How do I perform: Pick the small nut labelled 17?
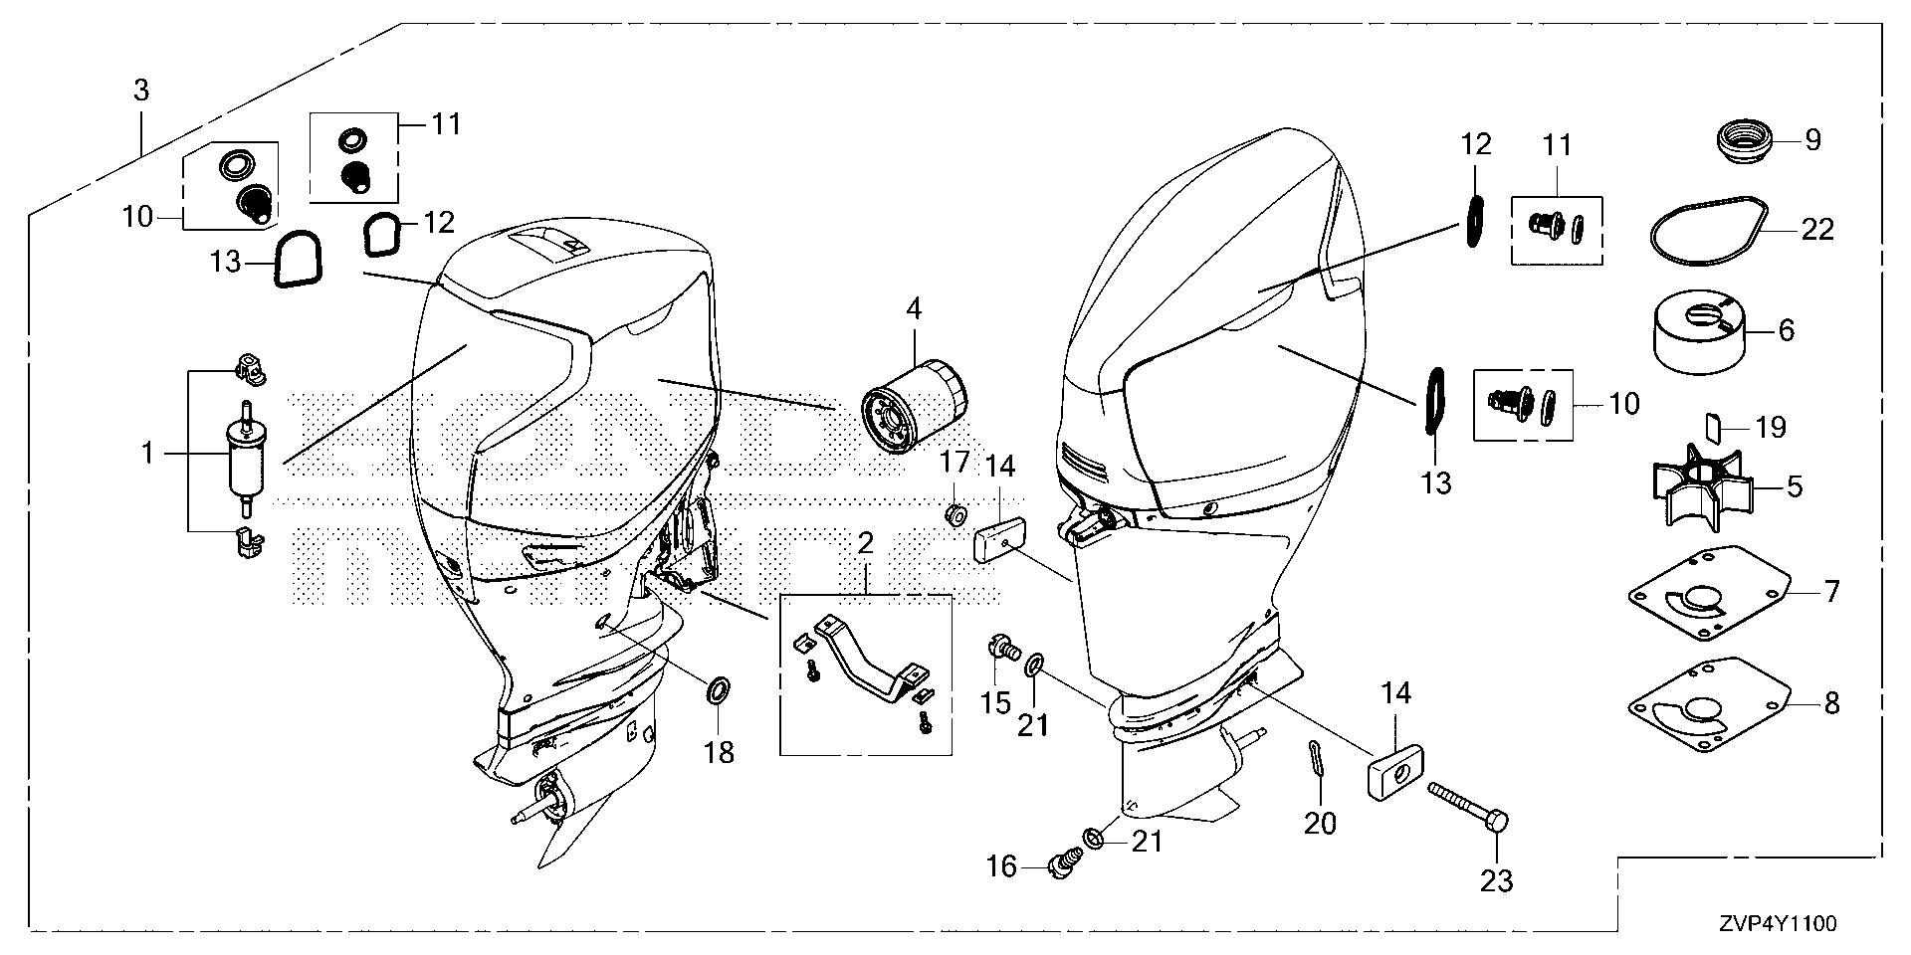point(955,515)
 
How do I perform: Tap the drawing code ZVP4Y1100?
point(1783,925)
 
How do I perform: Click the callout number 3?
point(141,91)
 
